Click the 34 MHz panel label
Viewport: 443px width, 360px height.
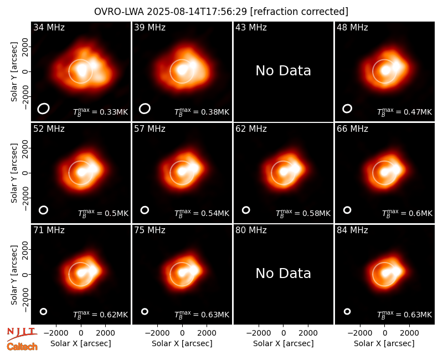49,27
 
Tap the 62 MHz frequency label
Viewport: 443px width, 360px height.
251,129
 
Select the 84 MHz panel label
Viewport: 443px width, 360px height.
352,230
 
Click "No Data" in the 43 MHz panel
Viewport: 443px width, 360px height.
283,71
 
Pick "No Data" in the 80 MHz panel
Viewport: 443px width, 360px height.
283,274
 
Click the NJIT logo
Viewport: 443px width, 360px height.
22,334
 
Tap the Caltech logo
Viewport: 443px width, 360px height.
22,347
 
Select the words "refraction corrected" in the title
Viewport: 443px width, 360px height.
299,12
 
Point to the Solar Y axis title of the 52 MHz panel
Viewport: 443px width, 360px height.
14,173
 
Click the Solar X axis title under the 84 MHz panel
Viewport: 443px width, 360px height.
384,343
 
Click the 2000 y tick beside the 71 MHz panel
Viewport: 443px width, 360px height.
25,250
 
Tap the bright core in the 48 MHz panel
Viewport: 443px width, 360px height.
385,71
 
